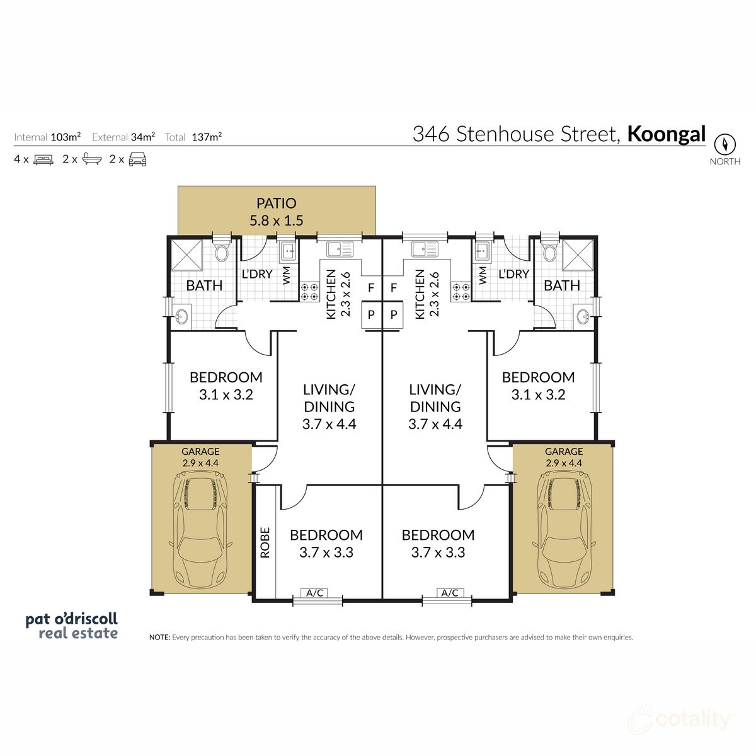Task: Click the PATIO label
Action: [276, 203]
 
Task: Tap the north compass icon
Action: [725, 144]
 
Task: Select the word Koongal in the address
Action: [667, 134]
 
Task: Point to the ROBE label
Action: [265, 542]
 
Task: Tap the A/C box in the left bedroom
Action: [315, 593]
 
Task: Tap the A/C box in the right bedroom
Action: [450, 593]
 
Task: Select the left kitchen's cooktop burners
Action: [309, 291]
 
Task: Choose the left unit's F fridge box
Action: [371, 288]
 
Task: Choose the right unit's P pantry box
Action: [394, 314]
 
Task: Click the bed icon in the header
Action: [43, 159]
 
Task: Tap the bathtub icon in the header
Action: [92, 159]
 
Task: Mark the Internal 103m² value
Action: [66, 137]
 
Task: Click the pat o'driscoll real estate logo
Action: [71, 626]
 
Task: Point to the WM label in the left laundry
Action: [287, 275]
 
